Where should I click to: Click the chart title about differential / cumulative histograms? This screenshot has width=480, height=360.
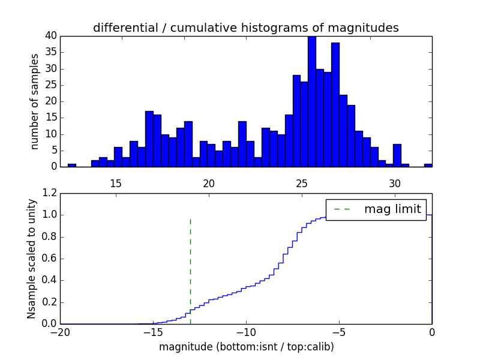pyautogui.click(x=246, y=28)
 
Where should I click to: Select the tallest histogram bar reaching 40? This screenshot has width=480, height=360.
pyautogui.click(x=312, y=102)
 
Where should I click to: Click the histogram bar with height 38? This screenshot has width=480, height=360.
pyautogui.click(x=335, y=105)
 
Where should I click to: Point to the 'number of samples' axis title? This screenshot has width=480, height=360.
pyautogui.click(x=35, y=101)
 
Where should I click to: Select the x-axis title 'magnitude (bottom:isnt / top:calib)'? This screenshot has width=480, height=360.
pyautogui.click(x=246, y=347)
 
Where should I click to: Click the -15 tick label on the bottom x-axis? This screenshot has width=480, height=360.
pyautogui.click(x=153, y=332)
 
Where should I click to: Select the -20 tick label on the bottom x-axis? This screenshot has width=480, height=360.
pyautogui.click(x=60, y=332)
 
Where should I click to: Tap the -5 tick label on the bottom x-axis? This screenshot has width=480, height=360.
pyautogui.click(x=339, y=332)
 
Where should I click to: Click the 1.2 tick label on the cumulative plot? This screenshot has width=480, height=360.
pyautogui.click(x=50, y=193)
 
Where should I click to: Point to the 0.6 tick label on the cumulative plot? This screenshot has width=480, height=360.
pyautogui.click(x=50, y=259)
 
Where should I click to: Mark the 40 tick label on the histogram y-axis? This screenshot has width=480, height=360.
pyautogui.click(x=50, y=36)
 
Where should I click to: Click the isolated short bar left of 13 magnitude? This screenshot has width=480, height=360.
pyautogui.click(x=72, y=165)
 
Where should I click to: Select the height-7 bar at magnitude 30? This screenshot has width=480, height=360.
pyautogui.click(x=397, y=155)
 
